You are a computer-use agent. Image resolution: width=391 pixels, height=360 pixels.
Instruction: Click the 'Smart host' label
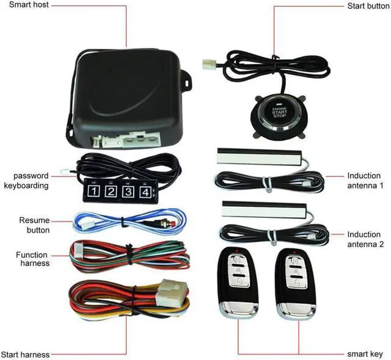(29, 5)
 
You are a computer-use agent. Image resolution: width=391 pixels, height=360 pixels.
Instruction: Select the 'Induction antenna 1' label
(364, 180)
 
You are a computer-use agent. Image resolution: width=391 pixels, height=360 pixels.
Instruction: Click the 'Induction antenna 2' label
(364, 239)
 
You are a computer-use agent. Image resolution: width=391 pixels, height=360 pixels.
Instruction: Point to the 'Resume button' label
(34, 225)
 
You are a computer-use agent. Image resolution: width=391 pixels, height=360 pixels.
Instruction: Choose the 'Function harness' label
(33, 259)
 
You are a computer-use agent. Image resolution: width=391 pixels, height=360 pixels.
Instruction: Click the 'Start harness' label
(25, 355)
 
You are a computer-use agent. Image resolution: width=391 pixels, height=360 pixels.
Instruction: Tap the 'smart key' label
(364, 354)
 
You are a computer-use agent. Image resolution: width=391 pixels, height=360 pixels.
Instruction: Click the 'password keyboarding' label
(26, 181)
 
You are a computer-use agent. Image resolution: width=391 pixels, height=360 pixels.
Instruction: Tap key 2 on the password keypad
(111, 193)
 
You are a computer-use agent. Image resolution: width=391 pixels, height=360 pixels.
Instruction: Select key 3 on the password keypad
(128, 193)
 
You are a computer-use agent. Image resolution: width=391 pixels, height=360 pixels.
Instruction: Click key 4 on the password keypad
(144, 193)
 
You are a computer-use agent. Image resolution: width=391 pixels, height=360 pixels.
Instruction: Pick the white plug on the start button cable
(211, 62)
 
